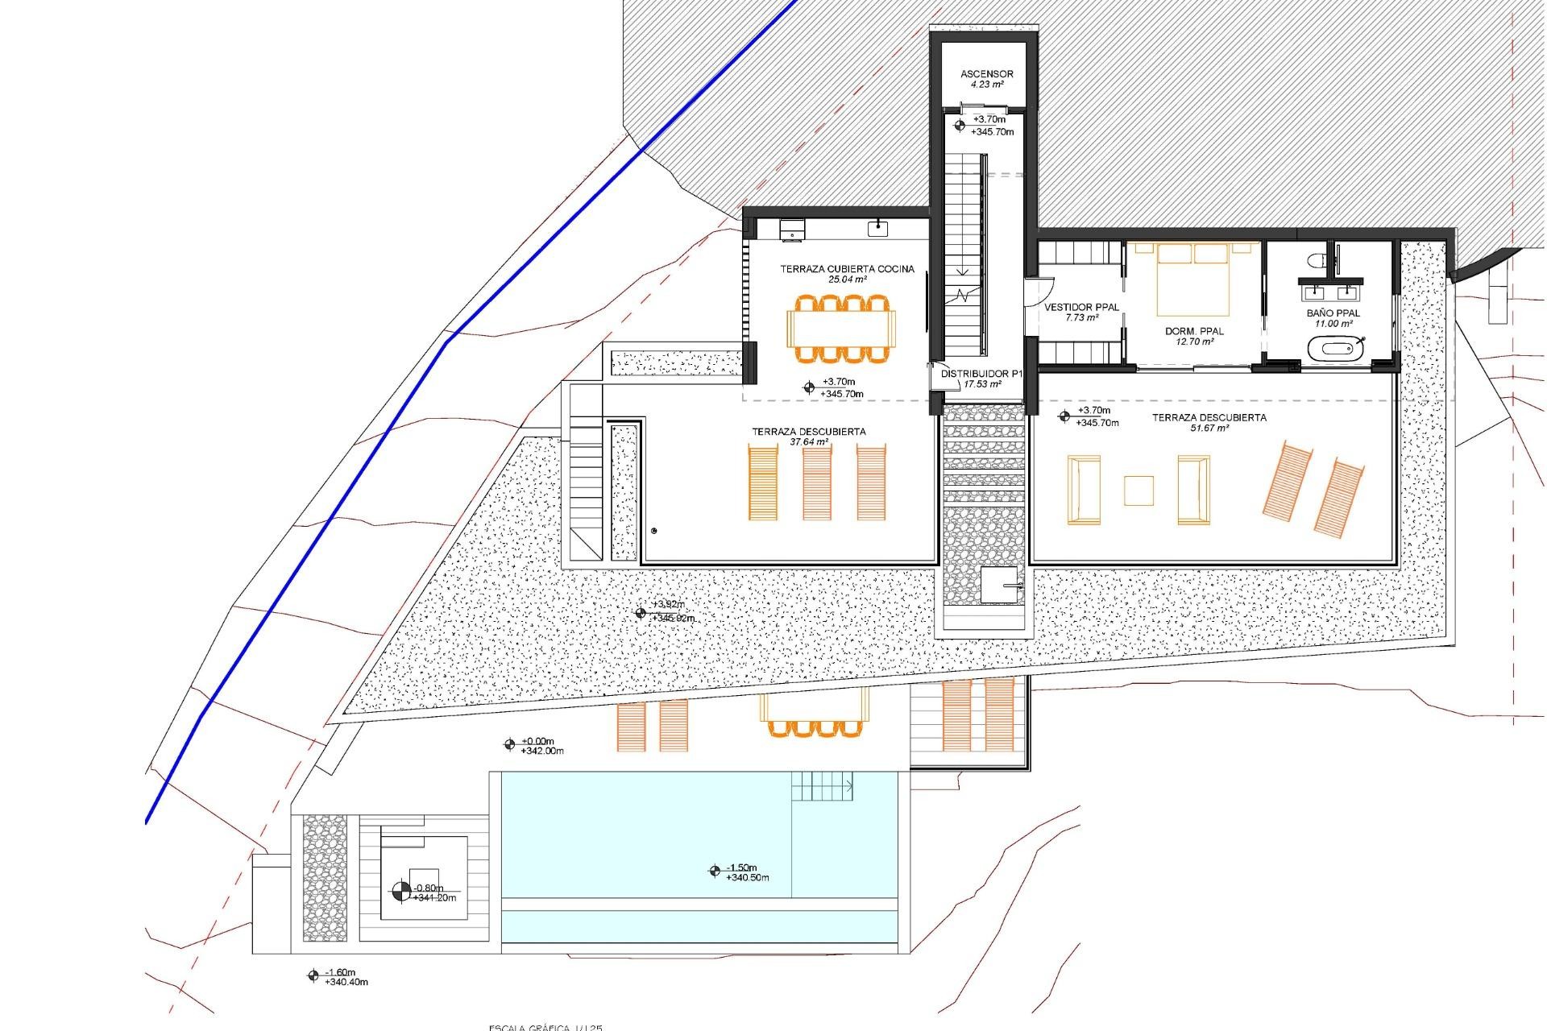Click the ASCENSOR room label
(x=986, y=73)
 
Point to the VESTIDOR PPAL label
(x=1081, y=307)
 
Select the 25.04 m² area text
(x=847, y=279)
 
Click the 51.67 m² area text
(x=1209, y=429)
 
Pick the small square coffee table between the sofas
(x=1138, y=490)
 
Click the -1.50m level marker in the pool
(x=715, y=870)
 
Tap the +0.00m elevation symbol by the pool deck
(x=509, y=745)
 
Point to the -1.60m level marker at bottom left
(x=313, y=976)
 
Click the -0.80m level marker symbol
(x=400, y=892)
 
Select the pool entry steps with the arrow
(x=822, y=785)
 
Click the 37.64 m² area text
(x=808, y=442)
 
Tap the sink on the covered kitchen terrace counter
(x=877, y=229)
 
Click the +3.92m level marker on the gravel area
(x=641, y=613)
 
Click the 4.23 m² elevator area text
(x=986, y=84)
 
